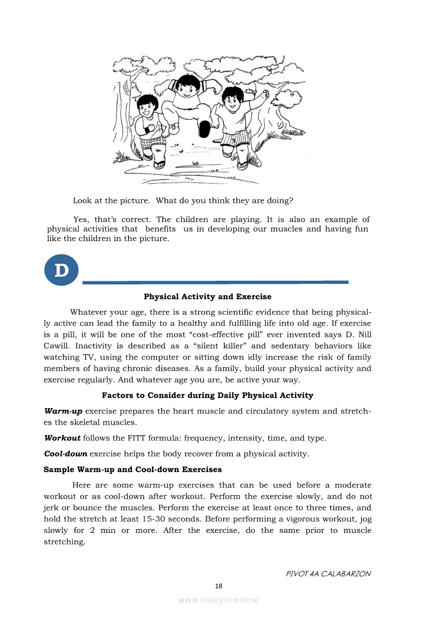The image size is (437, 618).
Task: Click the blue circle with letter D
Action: [61, 270]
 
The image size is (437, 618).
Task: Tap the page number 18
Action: [218, 585]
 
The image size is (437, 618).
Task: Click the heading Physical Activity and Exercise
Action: [207, 297]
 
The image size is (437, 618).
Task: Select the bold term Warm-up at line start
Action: [63, 411]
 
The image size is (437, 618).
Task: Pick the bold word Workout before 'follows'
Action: [62, 438]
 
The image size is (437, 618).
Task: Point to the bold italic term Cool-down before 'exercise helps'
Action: [66, 454]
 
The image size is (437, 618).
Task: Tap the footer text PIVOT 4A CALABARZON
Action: [328, 574]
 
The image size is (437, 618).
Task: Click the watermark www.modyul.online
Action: [218, 599]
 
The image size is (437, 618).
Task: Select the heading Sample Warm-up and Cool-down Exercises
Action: [133, 469]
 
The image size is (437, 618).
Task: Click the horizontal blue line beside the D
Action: [215, 282]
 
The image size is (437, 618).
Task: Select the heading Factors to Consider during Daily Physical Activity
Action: [207, 395]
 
